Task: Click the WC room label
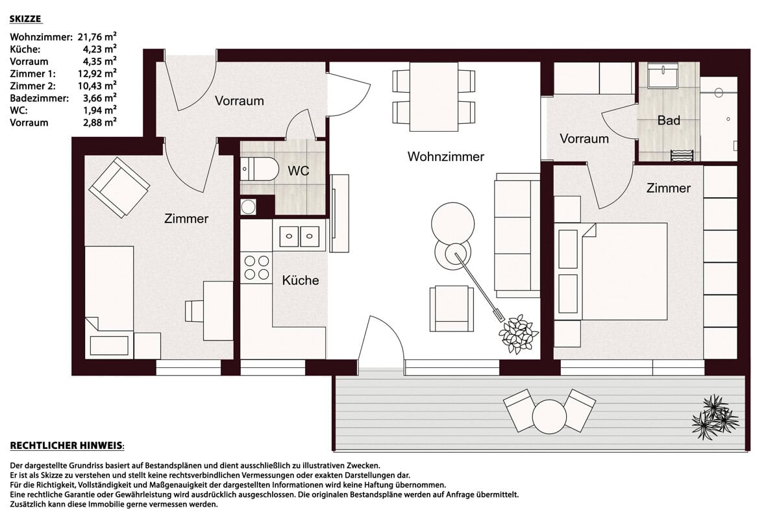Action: tap(299, 171)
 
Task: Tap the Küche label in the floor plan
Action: tap(301, 280)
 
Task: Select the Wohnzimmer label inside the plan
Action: tap(446, 156)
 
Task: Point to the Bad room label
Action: tap(669, 120)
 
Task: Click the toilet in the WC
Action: tap(260, 169)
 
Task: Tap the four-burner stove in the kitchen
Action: tap(256, 268)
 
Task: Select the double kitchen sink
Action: tap(299, 236)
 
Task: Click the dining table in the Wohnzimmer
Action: tap(434, 97)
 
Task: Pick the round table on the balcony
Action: tap(549, 416)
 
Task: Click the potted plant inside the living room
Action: tap(519, 334)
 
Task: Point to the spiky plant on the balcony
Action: tap(715, 417)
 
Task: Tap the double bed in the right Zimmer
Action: tap(613, 271)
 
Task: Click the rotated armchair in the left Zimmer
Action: tap(119, 187)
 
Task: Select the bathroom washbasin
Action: tap(663, 73)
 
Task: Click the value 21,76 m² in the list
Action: tap(97, 36)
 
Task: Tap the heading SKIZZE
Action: tap(25, 19)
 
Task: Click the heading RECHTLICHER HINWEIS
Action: tap(67, 445)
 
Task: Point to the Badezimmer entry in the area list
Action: tap(40, 98)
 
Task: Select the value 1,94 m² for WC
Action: tap(100, 110)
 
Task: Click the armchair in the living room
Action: tap(451, 308)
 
